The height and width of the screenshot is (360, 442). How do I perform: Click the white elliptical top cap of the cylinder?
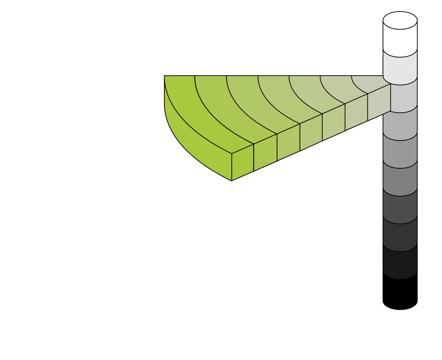click(400, 20)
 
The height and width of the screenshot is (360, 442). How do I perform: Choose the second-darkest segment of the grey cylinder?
click(400, 236)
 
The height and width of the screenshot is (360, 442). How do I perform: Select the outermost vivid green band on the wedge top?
click(191, 108)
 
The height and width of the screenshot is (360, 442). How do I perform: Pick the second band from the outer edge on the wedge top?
click(223, 108)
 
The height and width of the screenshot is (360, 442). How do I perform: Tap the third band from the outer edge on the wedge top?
click(252, 104)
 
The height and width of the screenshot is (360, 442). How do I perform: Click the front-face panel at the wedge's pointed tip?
click(243, 162)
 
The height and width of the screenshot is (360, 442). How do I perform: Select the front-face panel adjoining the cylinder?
click(379, 103)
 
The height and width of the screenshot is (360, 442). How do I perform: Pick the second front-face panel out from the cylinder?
click(356, 112)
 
